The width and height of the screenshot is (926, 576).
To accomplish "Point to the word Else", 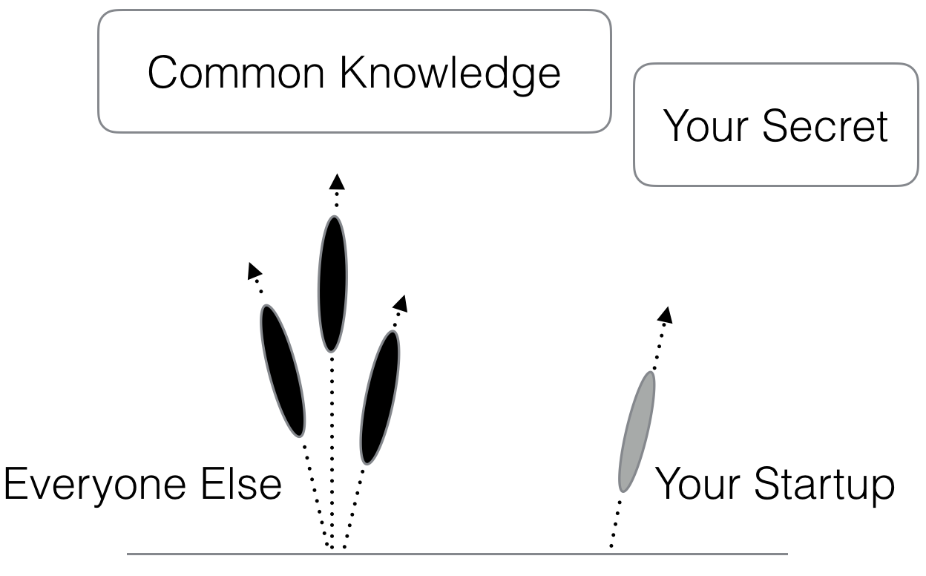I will (x=245, y=485).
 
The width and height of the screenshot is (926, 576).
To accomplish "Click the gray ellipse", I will (x=637, y=431).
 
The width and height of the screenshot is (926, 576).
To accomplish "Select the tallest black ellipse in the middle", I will (x=332, y=284).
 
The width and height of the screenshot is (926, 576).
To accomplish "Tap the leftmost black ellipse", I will (x=283, y=370).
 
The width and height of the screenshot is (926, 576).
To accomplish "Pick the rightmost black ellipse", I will (x=379, y=396).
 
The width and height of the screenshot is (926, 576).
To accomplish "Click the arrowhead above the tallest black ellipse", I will (x=337, y=180).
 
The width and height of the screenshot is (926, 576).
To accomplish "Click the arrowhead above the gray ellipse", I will (x=666, y=315).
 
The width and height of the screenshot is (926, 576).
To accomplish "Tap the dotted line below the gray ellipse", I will (x=615, y=523).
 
